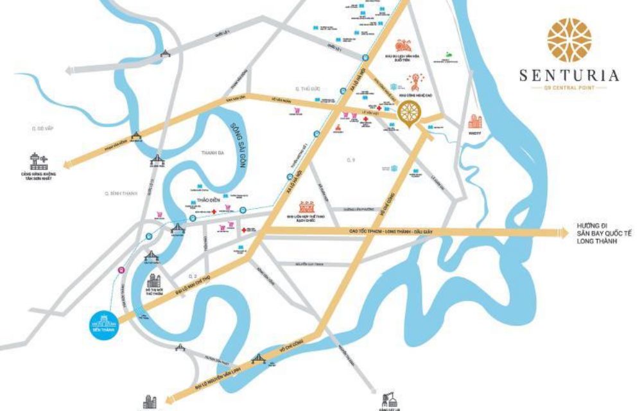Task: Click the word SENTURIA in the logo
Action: point(569,76)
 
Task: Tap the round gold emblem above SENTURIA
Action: point(569,40)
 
